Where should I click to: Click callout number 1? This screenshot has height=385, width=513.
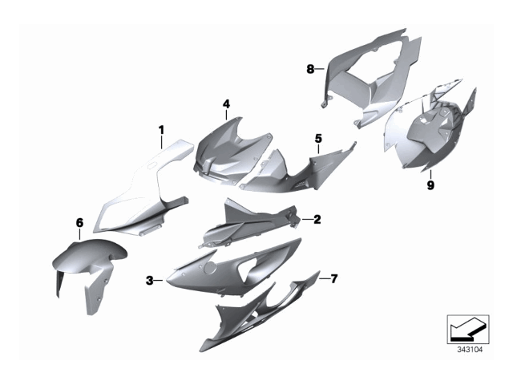[161, 130]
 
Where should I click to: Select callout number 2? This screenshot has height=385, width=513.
[317, 219]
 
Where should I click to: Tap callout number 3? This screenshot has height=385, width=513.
[150, 281]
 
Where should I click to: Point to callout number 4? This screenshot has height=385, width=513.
[226, 104]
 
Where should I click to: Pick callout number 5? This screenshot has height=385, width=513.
[318, 139]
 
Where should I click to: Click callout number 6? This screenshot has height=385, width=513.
[79, 223]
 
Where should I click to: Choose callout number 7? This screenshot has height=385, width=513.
[333, 279]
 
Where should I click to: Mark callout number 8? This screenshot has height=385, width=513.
[310, 69]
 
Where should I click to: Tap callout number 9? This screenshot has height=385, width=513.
[430, 185]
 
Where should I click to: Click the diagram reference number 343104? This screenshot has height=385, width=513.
[470, 350]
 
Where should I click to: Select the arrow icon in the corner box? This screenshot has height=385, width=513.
[468, 330]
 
